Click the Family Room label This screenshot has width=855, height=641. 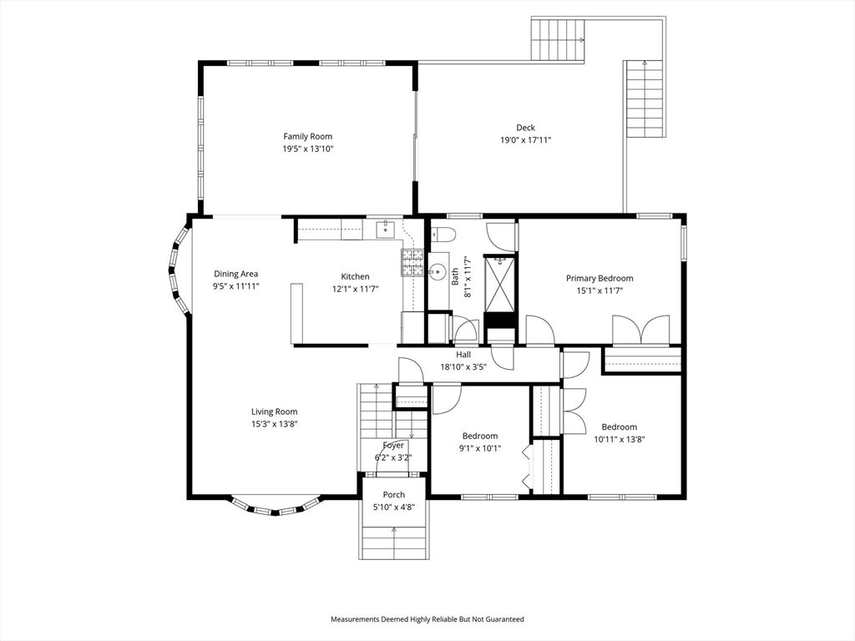(x=307, y=137)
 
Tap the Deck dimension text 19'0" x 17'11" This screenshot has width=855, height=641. (x=525, y=140)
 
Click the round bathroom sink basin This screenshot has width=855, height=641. (x=437, y=271)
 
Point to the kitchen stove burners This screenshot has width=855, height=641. (x=413, y=263)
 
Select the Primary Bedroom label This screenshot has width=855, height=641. (x=599, y=279)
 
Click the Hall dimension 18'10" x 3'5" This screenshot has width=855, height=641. (x=463, y=366)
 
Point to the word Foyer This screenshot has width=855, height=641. (x=393, y=446)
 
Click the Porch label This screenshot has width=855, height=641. (x=393, y=495)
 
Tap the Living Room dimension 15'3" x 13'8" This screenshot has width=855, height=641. (x=274, y=424)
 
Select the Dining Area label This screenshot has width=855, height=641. (x=235, y=274)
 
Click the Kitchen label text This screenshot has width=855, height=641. (x=355, y=277)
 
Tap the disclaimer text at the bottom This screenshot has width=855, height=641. (x=427, y=619)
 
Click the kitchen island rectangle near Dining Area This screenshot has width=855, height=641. (x=296, y=313)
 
